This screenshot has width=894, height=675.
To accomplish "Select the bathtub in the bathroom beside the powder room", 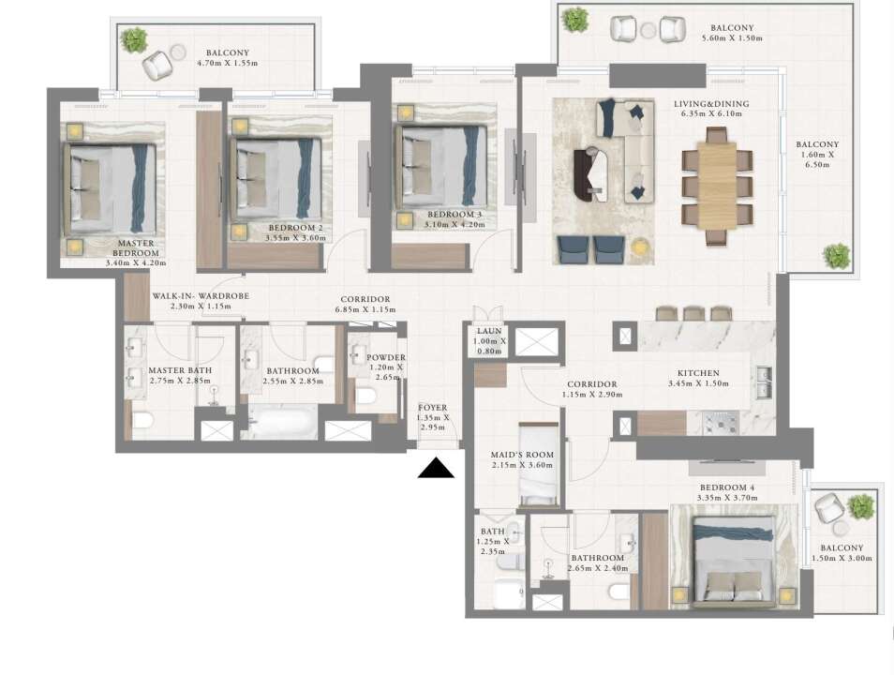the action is [x=279, y=422].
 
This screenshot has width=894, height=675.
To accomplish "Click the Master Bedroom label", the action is [x=136, y=248].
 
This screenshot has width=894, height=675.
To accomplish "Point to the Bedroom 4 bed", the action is [x=734, y=561].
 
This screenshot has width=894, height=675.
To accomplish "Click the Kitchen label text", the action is [x=698, y=372].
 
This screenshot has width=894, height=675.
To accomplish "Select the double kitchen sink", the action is [x=764, y=382].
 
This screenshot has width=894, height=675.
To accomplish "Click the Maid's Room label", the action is [x=522, y=455].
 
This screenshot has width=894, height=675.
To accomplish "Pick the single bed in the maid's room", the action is [x=539, y=464].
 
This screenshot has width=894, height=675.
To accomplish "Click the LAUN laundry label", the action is [x=489, y=331].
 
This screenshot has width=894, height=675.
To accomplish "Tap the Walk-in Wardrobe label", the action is [x=201, y=296].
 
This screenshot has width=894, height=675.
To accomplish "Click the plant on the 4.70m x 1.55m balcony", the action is [x=134, y=40].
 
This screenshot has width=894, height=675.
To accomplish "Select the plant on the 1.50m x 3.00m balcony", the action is [x=860, y=506].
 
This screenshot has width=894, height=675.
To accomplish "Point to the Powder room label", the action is [x=386, y=357].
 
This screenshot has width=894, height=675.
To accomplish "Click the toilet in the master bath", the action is [x=143, y=420].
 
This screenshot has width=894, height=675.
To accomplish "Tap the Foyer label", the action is [x=433, y=408].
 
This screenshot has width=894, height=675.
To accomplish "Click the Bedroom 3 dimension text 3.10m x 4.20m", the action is [x=454, y=224].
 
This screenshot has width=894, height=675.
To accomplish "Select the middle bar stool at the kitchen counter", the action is [x=693, y=313].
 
